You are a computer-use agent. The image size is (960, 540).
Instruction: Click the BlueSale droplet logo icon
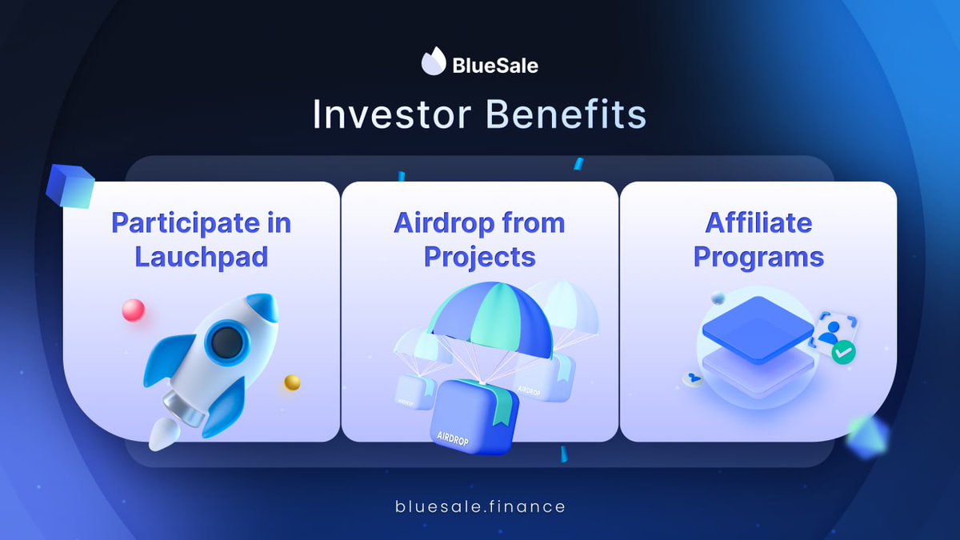coord(434,62)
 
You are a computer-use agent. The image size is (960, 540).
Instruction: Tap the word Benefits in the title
coord(566,114)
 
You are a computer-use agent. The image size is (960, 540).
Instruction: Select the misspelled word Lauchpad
coord(201,257)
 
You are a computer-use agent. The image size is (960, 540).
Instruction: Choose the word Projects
coord(479,257)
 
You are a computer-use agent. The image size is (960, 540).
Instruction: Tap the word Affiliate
coord(758,223)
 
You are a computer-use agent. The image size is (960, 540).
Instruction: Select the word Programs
coord(758,257)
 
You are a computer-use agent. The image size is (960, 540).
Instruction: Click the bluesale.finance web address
coord(480,506)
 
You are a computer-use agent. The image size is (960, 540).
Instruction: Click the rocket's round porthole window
coord(226,342)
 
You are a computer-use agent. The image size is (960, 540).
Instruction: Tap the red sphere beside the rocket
coord(134,310)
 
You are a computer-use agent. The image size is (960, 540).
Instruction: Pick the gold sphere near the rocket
coord(292,382)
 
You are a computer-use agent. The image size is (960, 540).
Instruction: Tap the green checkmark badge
coord(843,352)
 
